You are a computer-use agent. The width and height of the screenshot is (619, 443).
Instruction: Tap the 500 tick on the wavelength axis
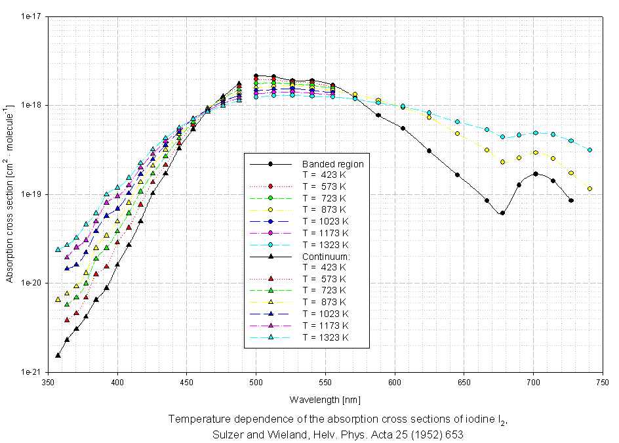point(256,381)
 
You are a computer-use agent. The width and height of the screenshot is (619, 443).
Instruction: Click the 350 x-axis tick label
point(49,381)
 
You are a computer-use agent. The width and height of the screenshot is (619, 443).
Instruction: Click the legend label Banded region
point(332,164)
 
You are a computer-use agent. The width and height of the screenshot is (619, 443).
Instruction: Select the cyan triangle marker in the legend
point(271,337)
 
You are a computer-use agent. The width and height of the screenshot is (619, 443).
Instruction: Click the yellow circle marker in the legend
point(271,209)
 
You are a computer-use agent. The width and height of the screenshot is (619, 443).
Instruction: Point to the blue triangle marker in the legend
point(271,314)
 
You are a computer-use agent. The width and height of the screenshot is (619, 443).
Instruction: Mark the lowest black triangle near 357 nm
point(58,355)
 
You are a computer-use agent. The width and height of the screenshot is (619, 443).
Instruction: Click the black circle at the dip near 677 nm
point(502,213)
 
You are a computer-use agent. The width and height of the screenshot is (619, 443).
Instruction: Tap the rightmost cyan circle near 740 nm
point(590,150)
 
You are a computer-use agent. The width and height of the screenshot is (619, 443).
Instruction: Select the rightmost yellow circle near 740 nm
point(590,188)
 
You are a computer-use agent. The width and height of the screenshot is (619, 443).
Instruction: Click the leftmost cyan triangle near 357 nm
point(58,249)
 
